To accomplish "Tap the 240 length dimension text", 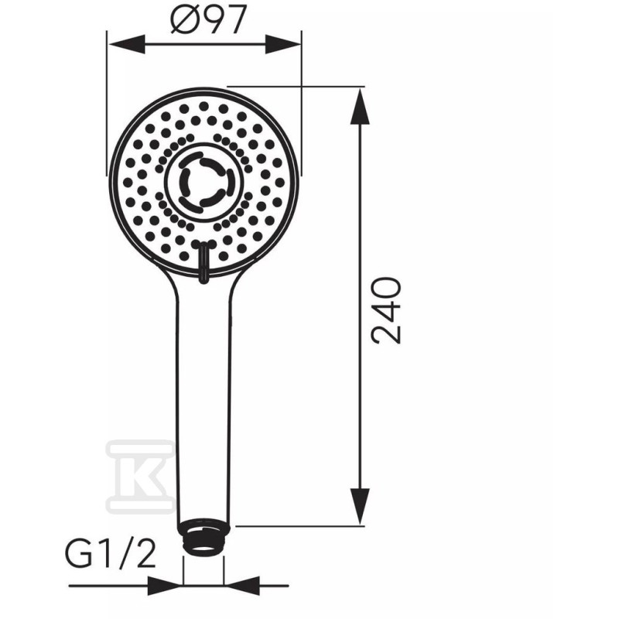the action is tap(386, 310).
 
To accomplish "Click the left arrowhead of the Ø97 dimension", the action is tap(126, 44).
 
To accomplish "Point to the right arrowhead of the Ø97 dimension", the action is tap(282, 44).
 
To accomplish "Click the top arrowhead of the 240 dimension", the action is tap(360, 107).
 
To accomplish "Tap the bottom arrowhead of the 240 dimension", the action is tap(360, 507).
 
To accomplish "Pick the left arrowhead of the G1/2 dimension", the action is tap(165, 586).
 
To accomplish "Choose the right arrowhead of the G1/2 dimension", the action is tap(241, 586).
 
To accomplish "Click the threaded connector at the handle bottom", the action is tap(203, 539).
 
